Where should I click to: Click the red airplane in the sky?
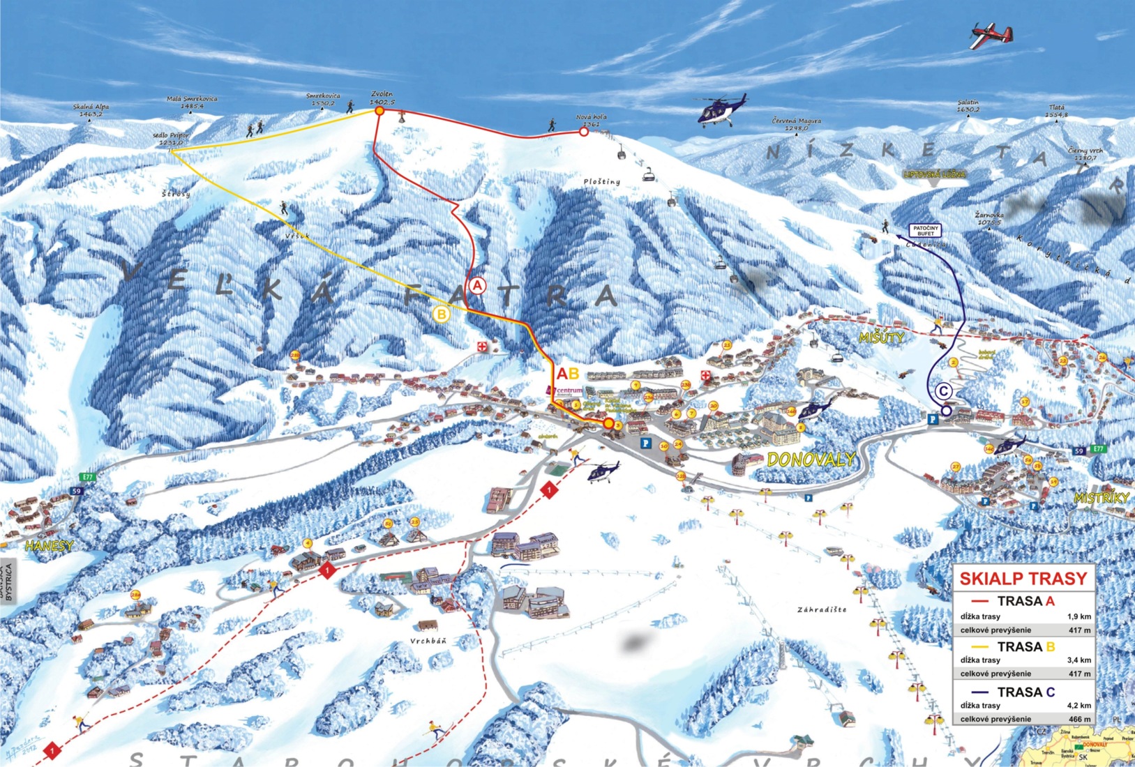pos(991,35)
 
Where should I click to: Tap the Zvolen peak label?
pos(382,98)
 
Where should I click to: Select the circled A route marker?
pos(477,285)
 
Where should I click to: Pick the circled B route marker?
pos(442,314)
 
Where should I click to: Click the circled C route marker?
pos(943,391)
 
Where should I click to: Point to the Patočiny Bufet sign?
pos(926,231)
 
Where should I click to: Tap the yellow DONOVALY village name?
pos(811,459)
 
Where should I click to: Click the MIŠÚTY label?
pos(881,337)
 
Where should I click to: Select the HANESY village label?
pos(49,546)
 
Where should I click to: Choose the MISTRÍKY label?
pos(1101,498)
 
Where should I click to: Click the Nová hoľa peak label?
pos(591,121)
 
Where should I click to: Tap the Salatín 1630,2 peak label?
pos(969,106)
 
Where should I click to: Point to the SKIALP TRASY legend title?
pos(1023,579)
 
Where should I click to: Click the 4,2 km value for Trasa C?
pos(1078,705)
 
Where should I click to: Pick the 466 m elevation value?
pos(1078,719)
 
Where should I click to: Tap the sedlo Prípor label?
pos(170,139)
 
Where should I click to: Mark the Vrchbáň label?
pos(428,641)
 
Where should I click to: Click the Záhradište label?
pos(822,609)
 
